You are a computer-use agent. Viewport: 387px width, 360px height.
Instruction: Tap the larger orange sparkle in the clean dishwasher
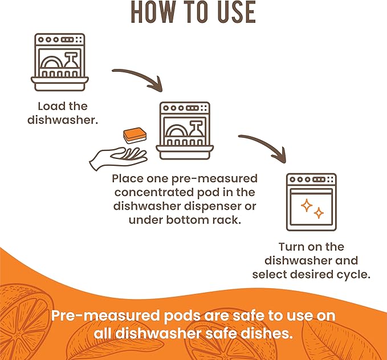(307, 206)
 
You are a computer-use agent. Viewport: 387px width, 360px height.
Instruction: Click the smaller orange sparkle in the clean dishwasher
(319, 213)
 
